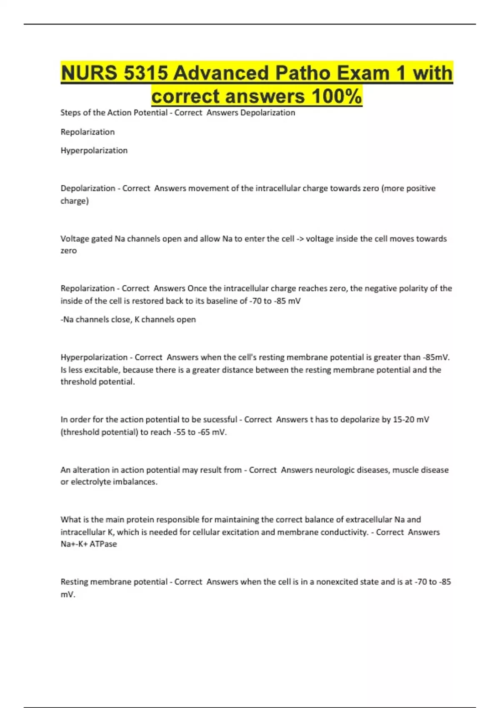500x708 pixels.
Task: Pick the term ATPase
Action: click(x=103, y=544)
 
